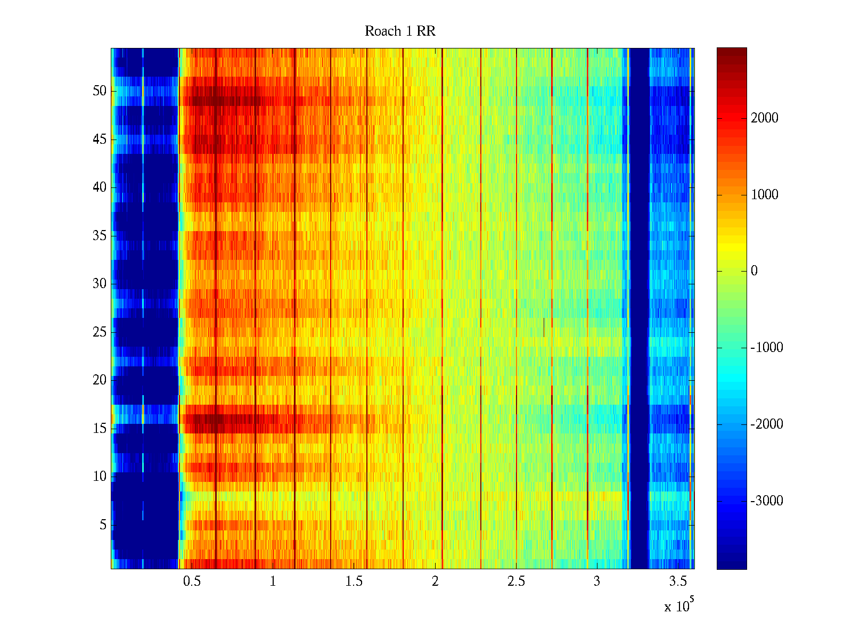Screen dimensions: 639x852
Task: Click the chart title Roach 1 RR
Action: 400,31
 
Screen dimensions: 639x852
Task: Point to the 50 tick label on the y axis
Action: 100,91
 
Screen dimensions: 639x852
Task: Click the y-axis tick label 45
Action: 100,140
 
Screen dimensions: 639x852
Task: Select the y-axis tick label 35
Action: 100,236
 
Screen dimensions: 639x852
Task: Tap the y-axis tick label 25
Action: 100,332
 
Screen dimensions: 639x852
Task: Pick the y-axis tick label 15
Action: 100,429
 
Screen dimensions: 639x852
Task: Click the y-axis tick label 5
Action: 103,525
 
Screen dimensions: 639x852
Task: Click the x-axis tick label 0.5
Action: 192,581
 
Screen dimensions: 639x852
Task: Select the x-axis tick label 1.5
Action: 354,581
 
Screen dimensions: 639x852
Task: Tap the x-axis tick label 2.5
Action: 516,581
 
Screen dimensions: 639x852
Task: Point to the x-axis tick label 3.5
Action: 678,581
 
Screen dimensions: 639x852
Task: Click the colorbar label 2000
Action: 765,118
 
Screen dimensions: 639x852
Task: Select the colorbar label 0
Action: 754,271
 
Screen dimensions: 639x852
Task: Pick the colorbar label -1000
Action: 767,348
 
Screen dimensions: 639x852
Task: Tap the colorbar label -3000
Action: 767,501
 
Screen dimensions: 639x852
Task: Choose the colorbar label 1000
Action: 765,195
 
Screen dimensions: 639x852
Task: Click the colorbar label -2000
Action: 767,424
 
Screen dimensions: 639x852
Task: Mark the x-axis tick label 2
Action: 435,581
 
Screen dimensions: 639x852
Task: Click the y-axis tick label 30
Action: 100,284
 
